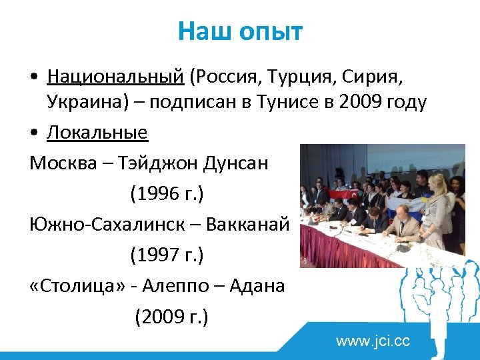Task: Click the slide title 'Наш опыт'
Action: click(x=240, y=31)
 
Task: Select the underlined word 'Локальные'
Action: click(x=97, y=133)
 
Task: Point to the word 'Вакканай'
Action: click(x=248, y=225)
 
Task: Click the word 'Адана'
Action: click(x=257, y=285)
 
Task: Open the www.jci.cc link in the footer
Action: click(x=373, y=342)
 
